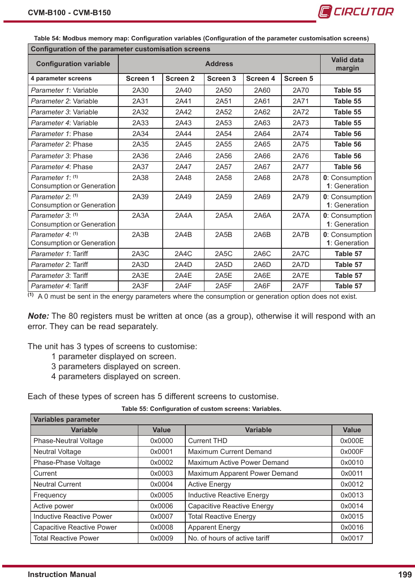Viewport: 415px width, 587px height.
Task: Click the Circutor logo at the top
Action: coord(356,11)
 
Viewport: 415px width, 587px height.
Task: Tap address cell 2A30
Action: coord(140,90)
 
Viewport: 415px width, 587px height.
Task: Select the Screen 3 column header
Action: coord(221,79)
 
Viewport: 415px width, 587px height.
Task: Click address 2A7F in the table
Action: coord(301,286)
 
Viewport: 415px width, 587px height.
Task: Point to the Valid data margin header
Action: coord(347,64)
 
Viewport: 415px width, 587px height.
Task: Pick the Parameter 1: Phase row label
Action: coord(62,134)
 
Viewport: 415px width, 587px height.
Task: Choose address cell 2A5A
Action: coord(224,216)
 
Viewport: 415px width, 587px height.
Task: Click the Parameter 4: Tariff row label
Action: coord(60,286)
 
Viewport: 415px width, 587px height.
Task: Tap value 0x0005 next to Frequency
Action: coord(161,495)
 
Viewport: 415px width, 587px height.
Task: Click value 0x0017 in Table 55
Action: coord(351,538)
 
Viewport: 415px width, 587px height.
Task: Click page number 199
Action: coord(405,575)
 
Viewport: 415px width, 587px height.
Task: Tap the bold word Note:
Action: coord(38,316)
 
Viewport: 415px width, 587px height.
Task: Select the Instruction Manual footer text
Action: coord(62,575)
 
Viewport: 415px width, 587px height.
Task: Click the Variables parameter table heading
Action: coord(67,420)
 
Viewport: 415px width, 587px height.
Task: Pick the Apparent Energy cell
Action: coord(214,527)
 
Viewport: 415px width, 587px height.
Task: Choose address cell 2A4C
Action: coord(183,254)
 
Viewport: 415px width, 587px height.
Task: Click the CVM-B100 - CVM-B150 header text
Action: coord(69,13)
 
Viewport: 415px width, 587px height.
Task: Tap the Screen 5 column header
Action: coord(298,79)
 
